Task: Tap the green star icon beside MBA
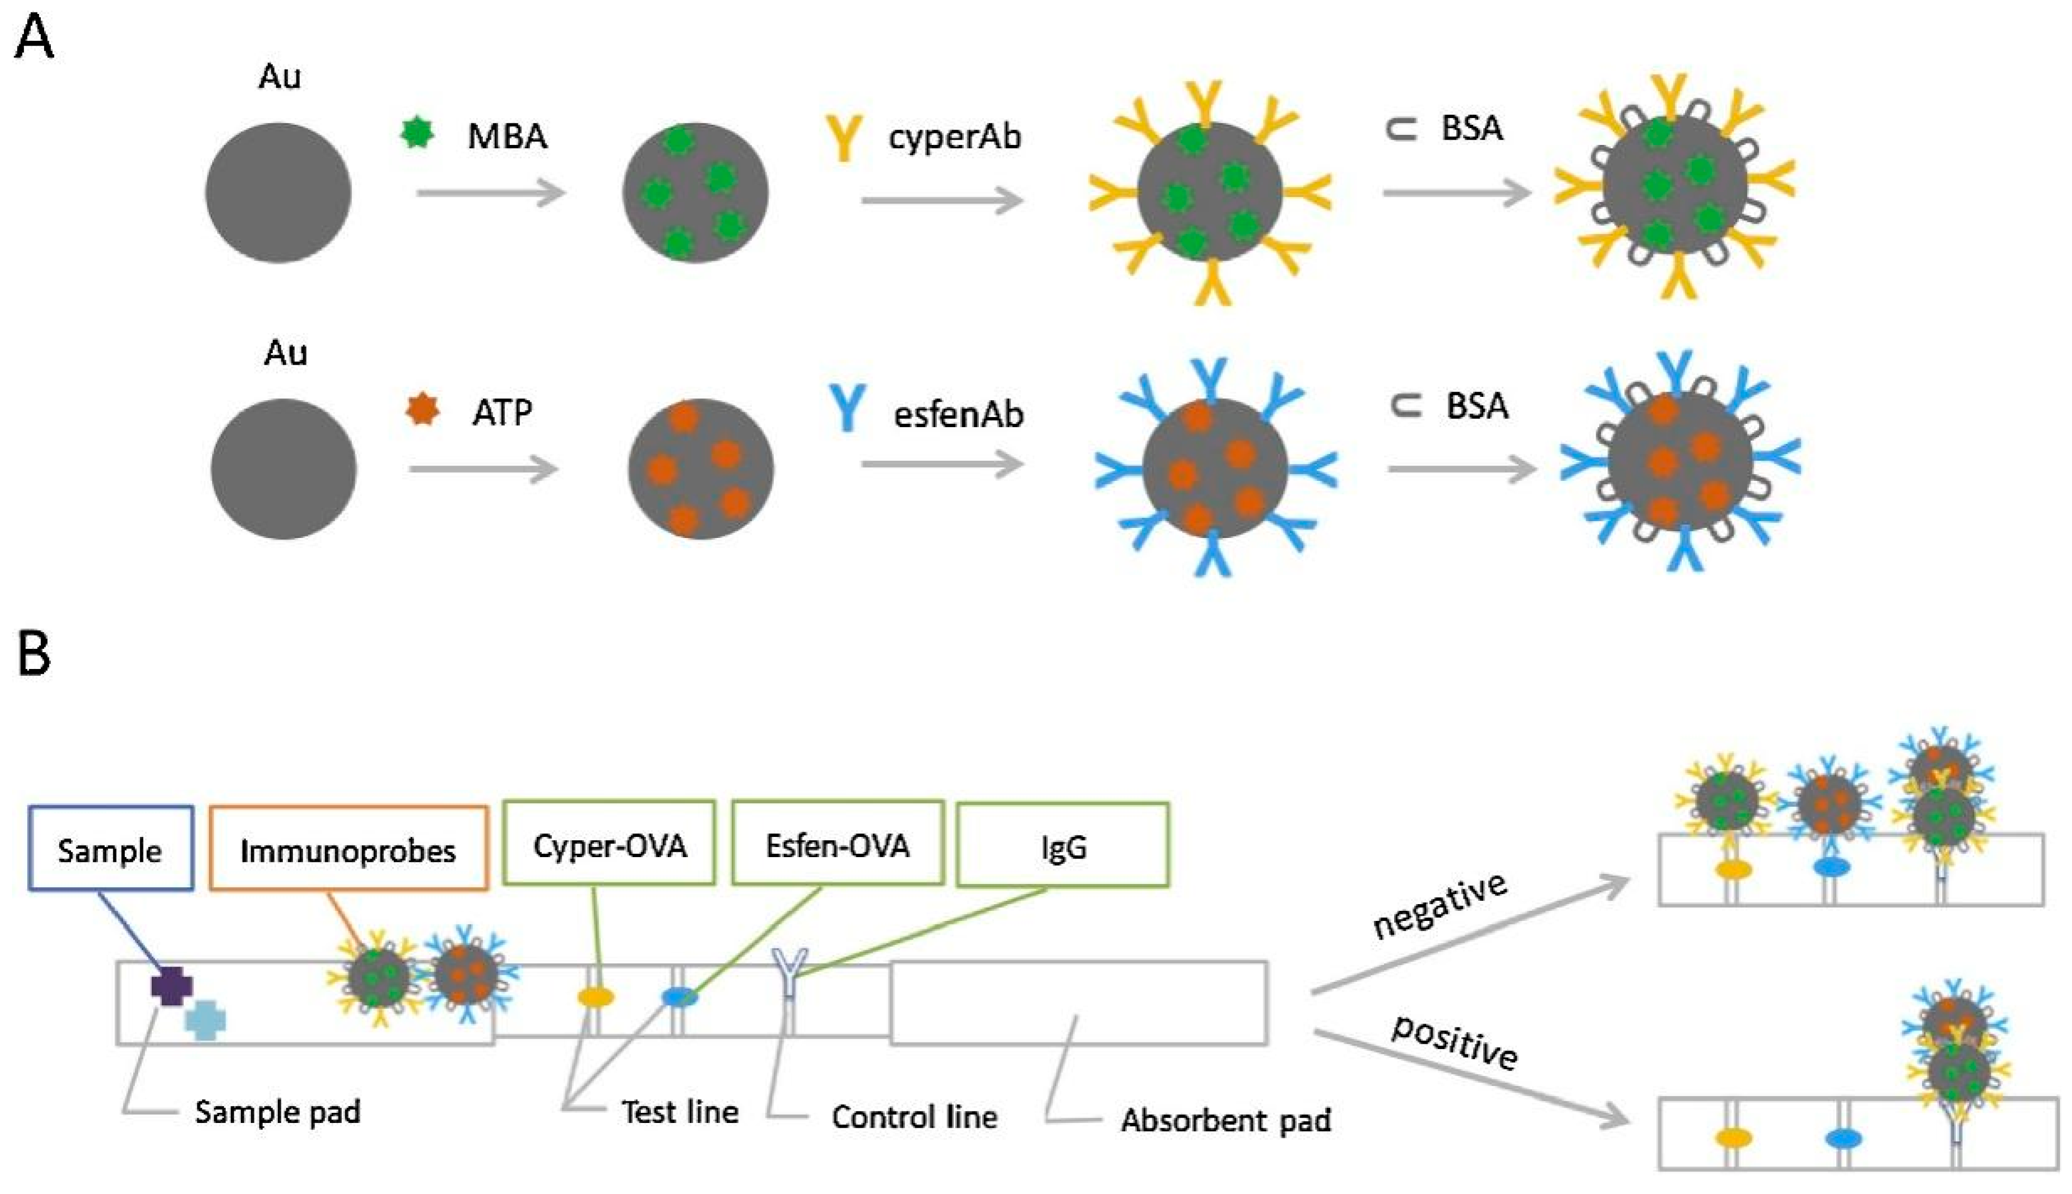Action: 417,133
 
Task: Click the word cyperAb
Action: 955,137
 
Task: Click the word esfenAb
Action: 959,414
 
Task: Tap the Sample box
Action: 111,848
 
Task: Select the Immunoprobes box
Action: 349,848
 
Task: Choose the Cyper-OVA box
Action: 609,843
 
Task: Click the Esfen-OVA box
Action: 838,843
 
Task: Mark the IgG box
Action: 1063,845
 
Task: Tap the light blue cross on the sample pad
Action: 205,1019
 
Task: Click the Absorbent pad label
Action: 1226,1120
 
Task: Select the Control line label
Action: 914,1117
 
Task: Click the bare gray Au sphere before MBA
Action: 278,193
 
